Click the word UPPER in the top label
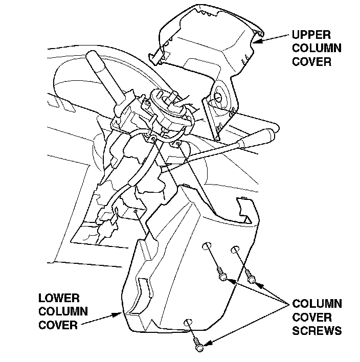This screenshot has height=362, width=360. coord(312,36)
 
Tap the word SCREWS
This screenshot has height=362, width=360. coord(317,331)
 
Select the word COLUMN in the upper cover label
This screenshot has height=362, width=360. coord(317,49)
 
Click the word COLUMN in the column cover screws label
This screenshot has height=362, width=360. coord(317,304)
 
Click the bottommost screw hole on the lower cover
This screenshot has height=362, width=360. coord(187,322)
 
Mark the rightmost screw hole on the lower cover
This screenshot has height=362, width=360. coord(235,250)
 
